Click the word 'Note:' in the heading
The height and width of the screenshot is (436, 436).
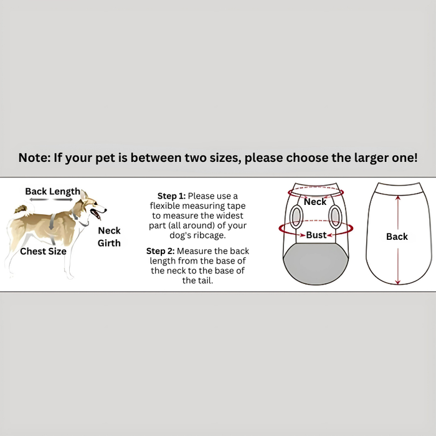[34, 158]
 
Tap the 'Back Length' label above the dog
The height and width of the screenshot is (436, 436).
[52, 191]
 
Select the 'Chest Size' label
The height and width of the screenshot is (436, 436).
[43, 251]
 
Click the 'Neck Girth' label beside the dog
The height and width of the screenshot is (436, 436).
[109, 237]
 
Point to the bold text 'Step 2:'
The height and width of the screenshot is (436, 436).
[161, 251]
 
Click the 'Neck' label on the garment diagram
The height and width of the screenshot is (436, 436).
[315, 202]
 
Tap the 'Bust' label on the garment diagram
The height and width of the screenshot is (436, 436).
[316, 235]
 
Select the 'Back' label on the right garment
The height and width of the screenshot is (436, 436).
[397, 237]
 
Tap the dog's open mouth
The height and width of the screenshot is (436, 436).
[97, 214]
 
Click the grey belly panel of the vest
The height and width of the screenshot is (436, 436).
[316, 263]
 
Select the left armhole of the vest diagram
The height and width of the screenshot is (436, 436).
[296, 217]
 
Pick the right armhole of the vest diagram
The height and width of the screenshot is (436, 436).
[335, 217]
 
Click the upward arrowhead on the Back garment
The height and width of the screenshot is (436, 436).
[398, 197]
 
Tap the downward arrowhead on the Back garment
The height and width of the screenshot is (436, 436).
[398, 281]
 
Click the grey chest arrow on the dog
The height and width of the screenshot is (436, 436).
[52, 222]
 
